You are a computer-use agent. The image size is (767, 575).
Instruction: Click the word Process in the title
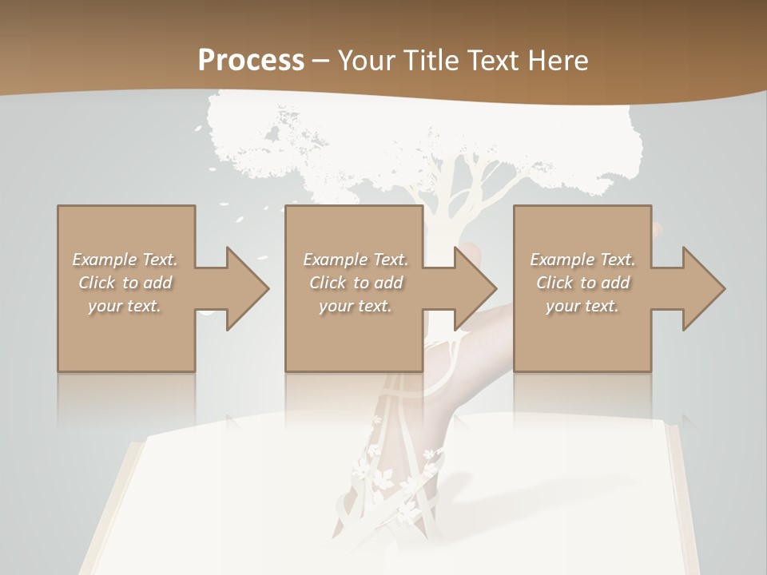click(251, 60)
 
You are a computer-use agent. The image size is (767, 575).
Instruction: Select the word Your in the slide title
click(368, 60)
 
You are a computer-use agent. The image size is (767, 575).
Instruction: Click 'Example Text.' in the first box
click(125, 260)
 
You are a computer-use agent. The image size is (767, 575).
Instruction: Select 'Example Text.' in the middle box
click(355, 260)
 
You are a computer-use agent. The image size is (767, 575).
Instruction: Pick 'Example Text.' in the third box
click(582, 260)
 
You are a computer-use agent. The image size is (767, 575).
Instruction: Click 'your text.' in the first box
click(125, 306)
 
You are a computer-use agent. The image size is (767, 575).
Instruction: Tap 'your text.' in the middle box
click(355, 306)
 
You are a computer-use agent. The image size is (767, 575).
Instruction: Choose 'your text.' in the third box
click(582, 306)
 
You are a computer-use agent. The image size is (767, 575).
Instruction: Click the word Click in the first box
click(97, 283)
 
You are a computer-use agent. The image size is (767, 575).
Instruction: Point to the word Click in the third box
click(554, 283)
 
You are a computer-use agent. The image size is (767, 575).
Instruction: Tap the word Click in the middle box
click(328, 283)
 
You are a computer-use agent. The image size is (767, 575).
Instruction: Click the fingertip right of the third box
click(657, 231)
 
